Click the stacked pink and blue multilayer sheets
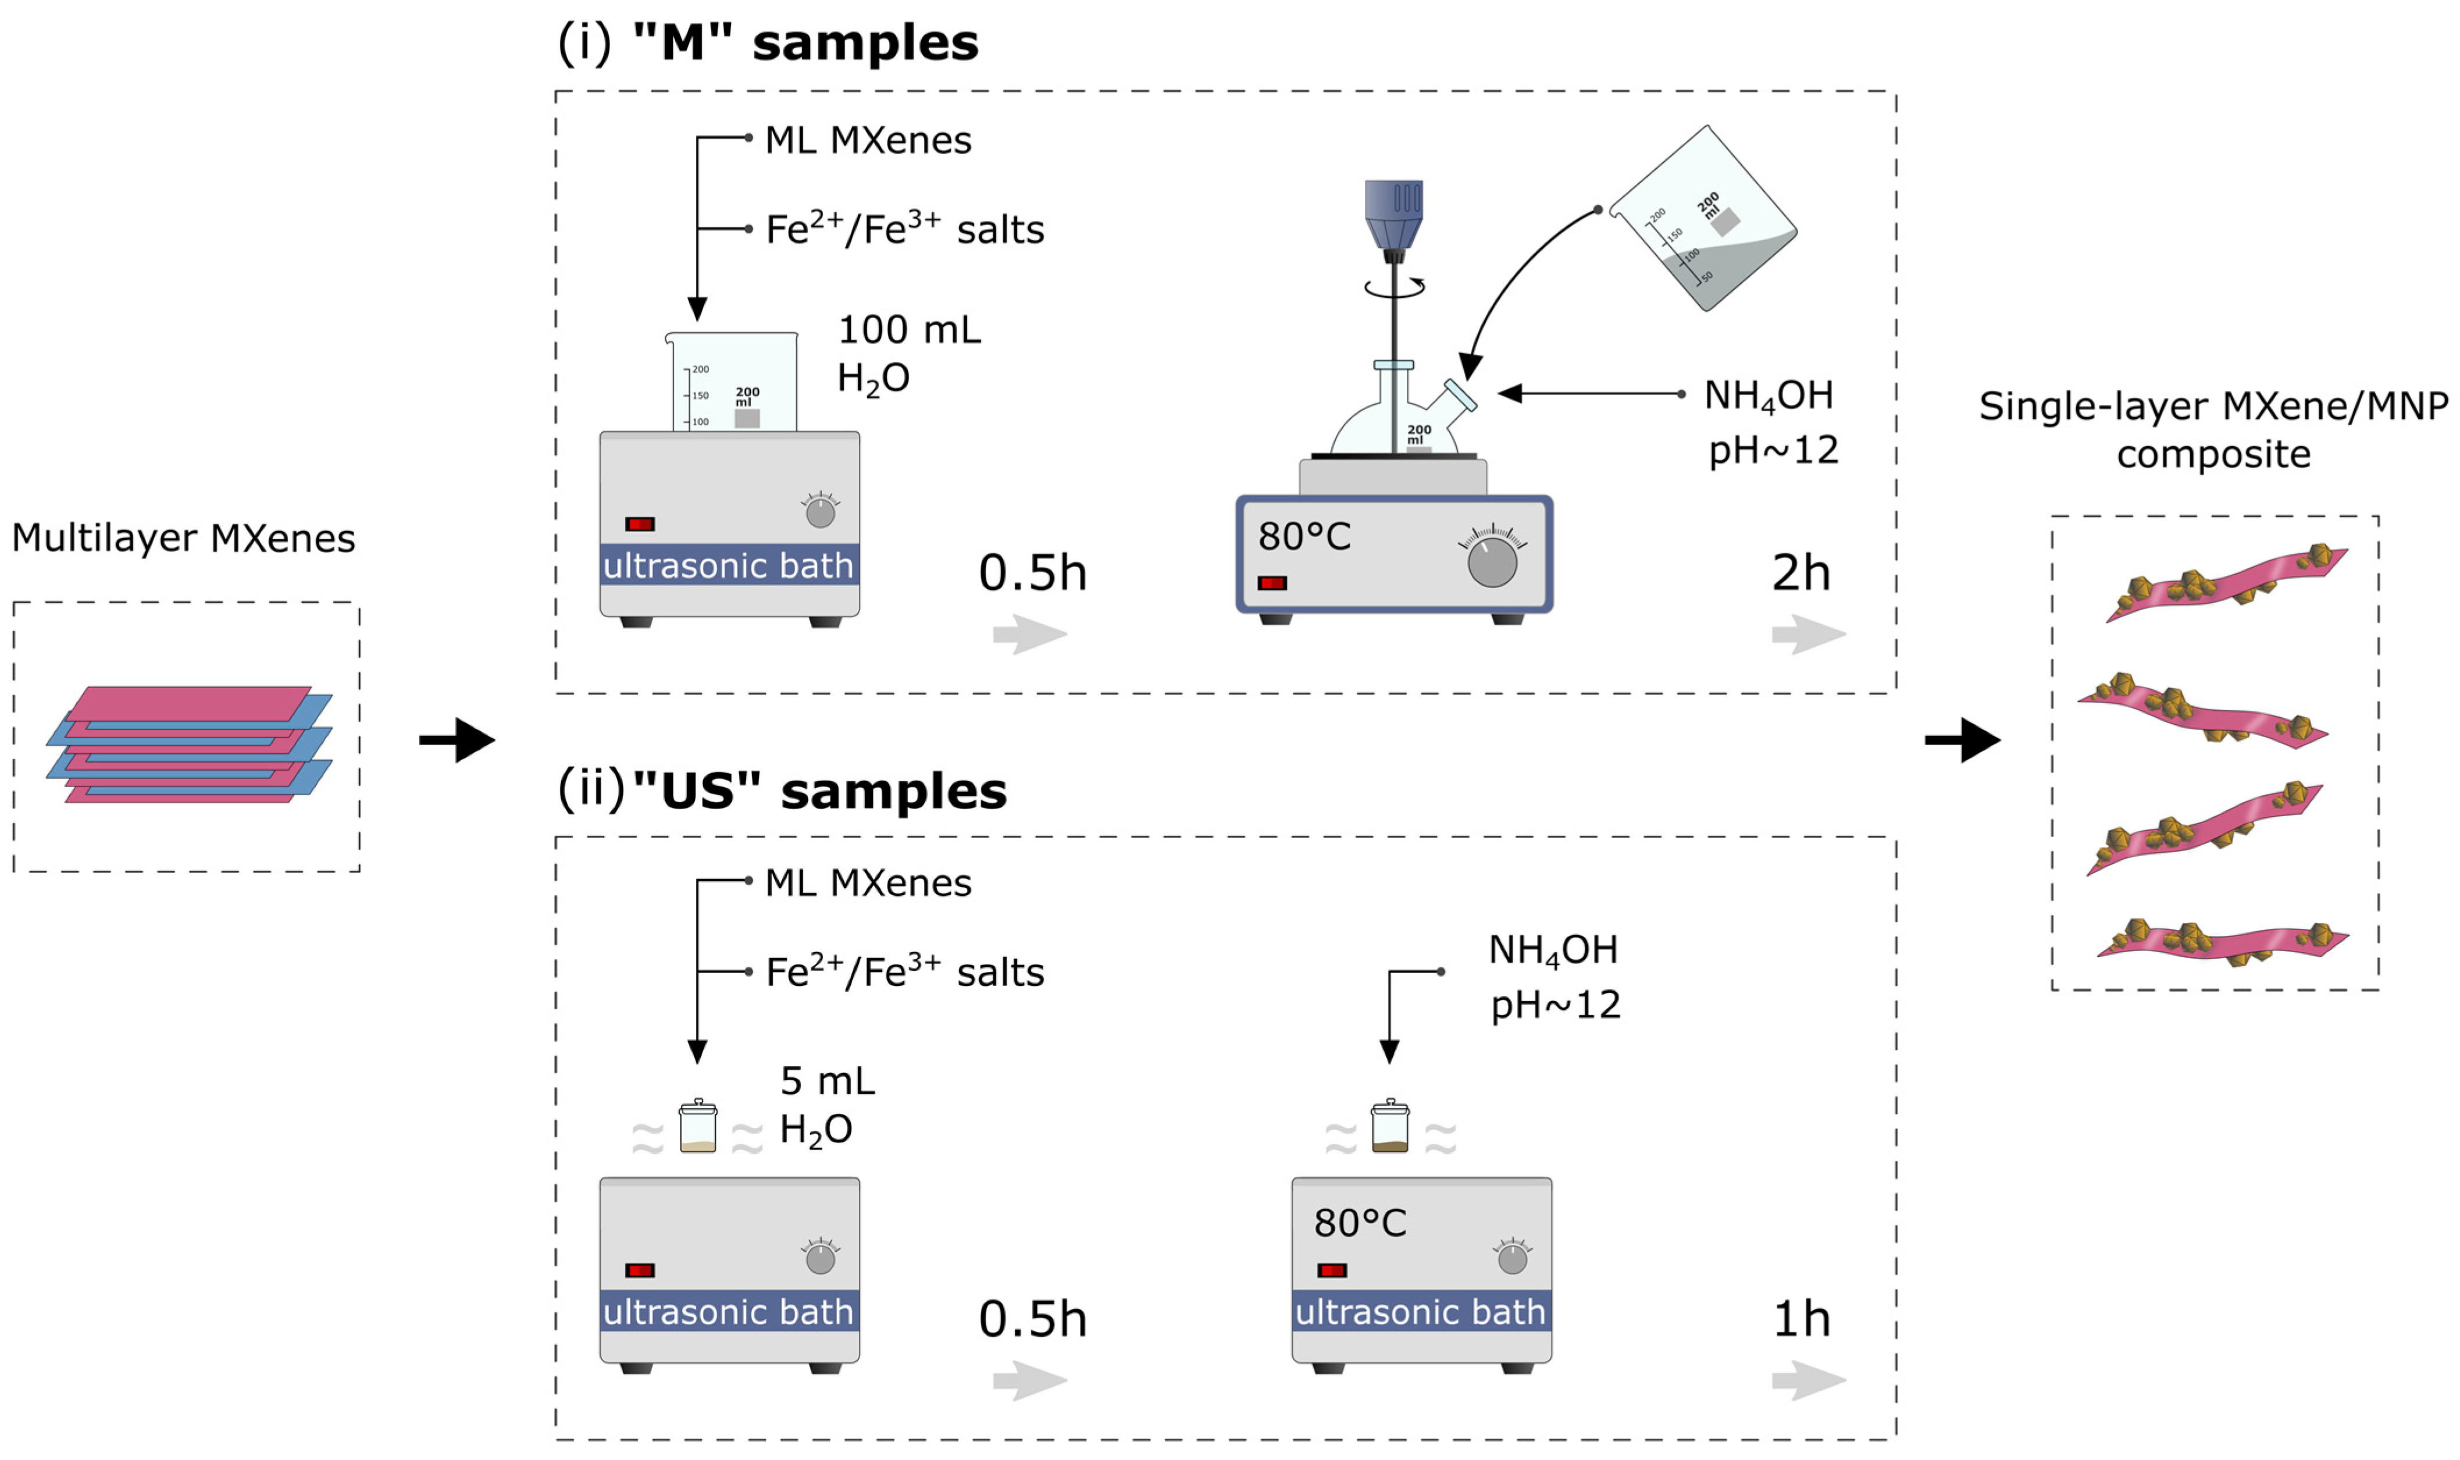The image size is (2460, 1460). click(189, 745)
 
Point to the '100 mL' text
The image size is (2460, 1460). click(909, 330)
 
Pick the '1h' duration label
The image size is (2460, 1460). click(1800, 1319)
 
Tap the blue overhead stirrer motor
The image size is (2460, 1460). click(1393, 215)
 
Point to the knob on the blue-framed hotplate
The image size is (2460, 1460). click(1491, 561)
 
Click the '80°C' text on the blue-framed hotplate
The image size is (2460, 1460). click(1304, 537)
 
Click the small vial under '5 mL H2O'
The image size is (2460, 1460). click(697, 1127)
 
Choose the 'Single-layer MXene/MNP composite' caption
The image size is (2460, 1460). click(2213, 430)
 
